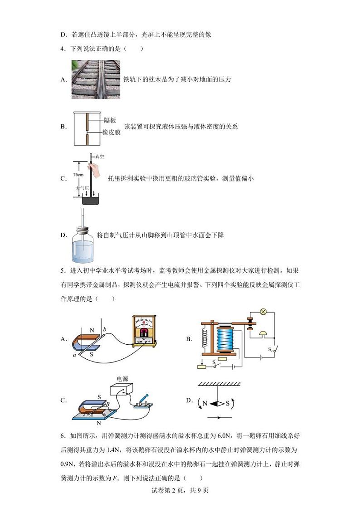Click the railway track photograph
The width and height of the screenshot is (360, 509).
[x=96, y=79]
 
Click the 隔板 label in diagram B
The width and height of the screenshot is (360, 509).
[x=110, y=120]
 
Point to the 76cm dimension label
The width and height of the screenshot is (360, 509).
[x=78, y=175]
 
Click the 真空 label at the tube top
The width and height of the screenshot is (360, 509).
[x=100, y=157]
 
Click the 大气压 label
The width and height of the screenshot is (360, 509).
[x=81, y=187]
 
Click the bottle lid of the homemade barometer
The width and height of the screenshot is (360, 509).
[x=83, y=230]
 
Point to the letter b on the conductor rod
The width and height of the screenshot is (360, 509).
[x=105, y=329]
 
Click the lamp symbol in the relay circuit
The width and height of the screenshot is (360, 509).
[x=263, y=312]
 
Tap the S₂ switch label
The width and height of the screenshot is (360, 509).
[x=271, y=350]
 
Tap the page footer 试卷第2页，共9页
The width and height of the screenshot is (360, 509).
[x=180, y=490]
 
